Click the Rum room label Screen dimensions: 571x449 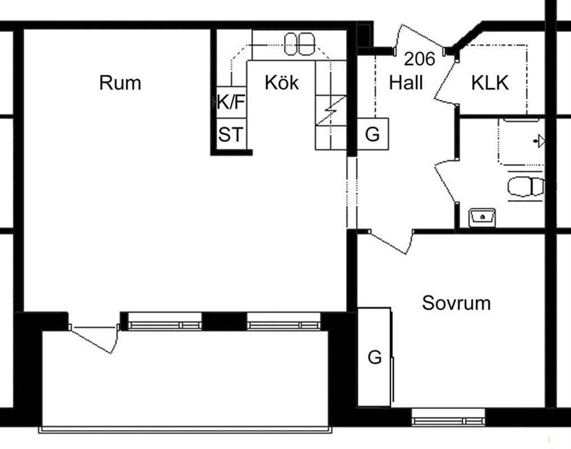click(x=120, y=83)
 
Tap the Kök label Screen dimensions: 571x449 click(x=281, y=83)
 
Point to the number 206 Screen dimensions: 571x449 click(x=419, y=58)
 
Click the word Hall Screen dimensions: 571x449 click(x=406, y=83)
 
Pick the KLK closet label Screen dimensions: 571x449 click(x=490, y=83)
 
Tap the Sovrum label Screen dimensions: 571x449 click(x=456, y=303)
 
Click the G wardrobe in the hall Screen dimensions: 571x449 click(x=373, y=134)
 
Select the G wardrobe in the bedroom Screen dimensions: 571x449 click(x=374, y=357)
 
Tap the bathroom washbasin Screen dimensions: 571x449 click(x=482, y=217)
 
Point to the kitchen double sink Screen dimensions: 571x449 click(x=299, y=44)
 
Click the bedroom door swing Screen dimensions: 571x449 click(x=392, y=242)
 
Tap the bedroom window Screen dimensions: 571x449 click(x=448, y=418)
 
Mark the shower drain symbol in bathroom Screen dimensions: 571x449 click(x=539, y=140)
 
